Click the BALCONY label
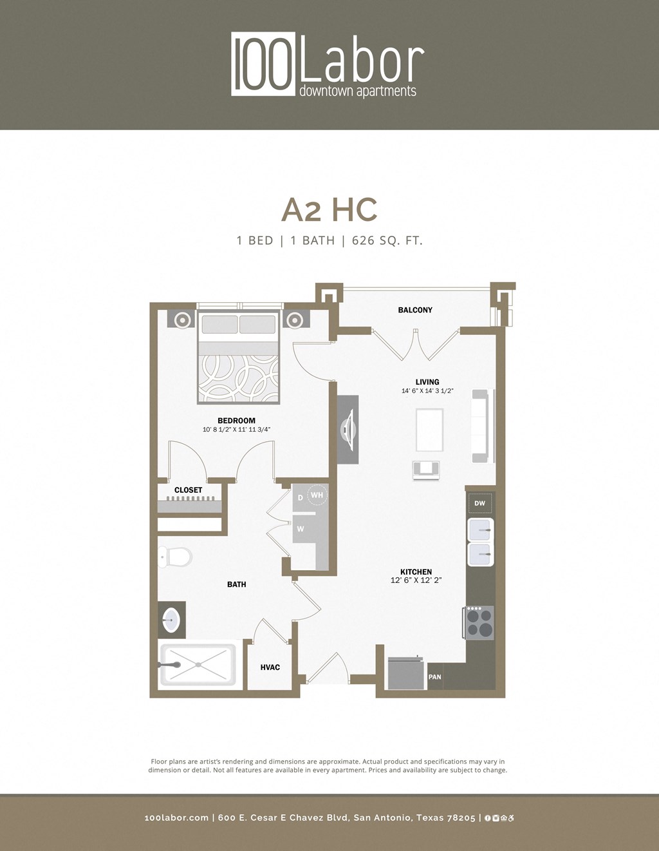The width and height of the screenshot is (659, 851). (415, 310)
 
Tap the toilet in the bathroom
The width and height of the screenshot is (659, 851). (175, 557)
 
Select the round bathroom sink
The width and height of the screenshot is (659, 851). (171, 620)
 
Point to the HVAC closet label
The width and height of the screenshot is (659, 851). (270, 667)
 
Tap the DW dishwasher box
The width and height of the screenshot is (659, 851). (479, 504)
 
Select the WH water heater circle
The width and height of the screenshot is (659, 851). (317, 495)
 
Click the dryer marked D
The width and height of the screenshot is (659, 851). (300, 498)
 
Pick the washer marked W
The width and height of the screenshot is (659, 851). (301, 529)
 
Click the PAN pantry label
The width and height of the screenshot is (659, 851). (435, 677)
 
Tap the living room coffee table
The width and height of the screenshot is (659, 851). (429, 430)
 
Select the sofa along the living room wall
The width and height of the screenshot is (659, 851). (480, 426)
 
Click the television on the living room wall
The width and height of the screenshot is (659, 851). (348, 428)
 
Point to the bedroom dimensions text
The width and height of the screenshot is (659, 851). (236, 429)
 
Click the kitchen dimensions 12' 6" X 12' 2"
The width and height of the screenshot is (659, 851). (416, 580)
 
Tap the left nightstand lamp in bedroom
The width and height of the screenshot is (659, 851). (182, 320)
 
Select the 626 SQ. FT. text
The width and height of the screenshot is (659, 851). (387, 241)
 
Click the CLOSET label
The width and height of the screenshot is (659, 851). (188, 490)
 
